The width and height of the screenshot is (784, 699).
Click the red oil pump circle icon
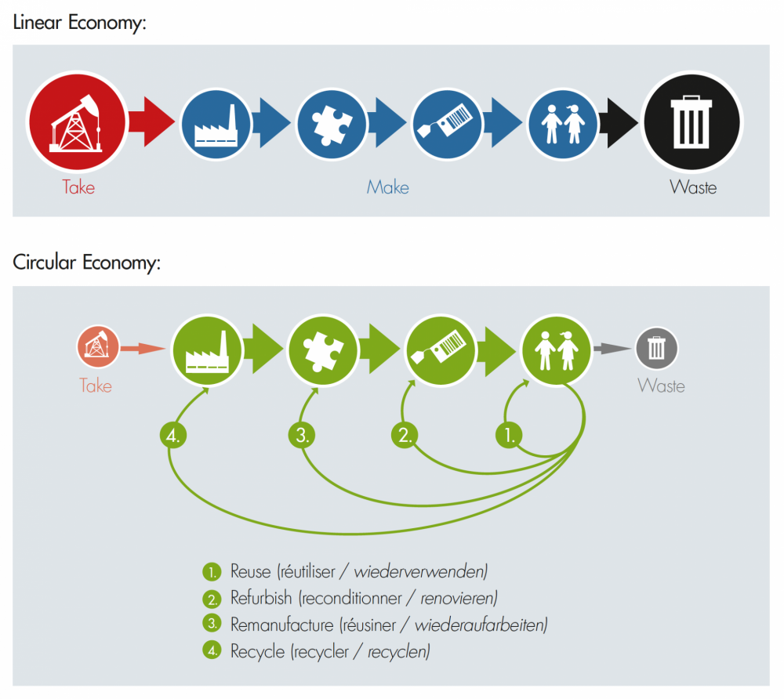pos(77,122)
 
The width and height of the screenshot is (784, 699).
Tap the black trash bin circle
pos(691,122)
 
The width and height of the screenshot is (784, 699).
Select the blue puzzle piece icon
pos(332,125)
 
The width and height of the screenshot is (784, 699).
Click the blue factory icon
pos(216,125)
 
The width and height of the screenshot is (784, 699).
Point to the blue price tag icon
pos(447,125)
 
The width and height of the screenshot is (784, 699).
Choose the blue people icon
pos(562,125)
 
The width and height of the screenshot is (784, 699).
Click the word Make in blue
pos(387,187)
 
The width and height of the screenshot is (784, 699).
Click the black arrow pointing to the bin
pos(619,123)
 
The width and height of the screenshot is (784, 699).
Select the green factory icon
pos(207,350)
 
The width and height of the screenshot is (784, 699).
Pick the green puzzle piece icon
pos(323,350)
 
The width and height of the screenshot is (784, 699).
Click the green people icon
pos(557,350)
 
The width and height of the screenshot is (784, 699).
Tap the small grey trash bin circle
pos(656,348)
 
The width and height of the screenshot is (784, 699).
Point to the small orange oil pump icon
pos(98,346)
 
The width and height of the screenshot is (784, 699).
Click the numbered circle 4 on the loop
pos(173,435)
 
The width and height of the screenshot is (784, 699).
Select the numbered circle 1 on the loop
pos(509,435)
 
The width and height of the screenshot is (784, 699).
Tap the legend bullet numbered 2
pos(212,599)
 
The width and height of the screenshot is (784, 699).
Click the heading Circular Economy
pos(86,263)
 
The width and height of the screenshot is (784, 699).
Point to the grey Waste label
pos(661,386)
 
